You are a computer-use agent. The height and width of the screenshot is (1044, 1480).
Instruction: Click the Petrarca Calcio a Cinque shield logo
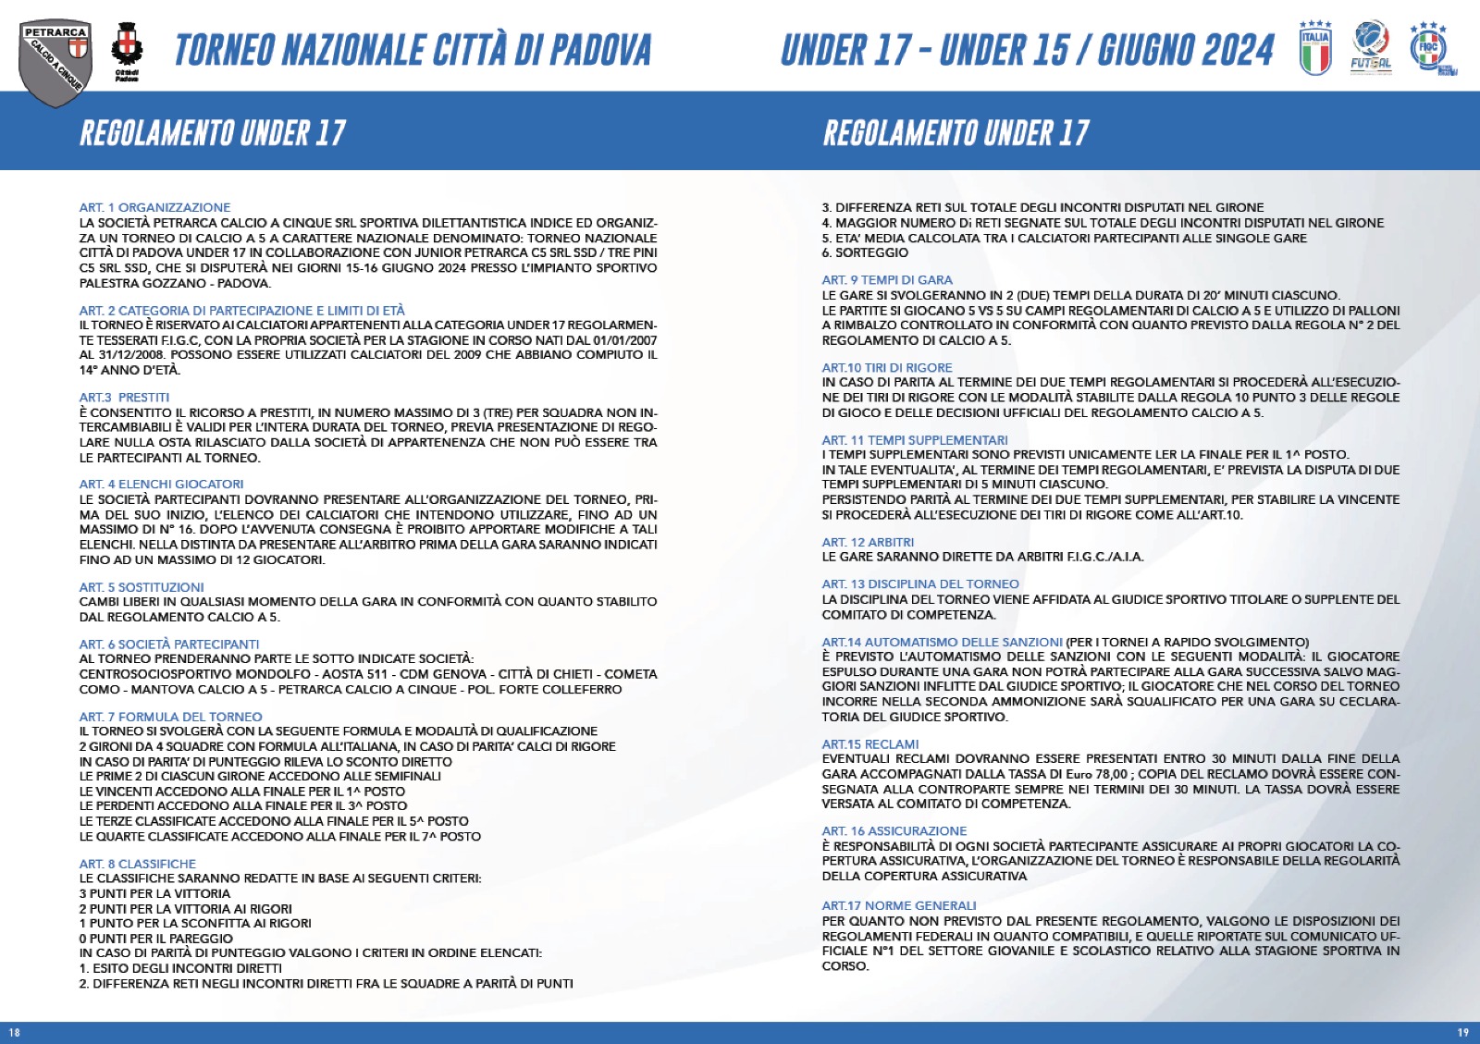coord(55,59)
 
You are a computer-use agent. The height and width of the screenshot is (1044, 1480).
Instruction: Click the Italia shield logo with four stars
coord(1314,48)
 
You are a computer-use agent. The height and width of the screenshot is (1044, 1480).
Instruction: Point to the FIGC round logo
coord(1430,48)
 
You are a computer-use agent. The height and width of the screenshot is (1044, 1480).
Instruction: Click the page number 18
coord(14,1033)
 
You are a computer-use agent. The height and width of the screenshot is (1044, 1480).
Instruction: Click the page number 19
coord(1462,1033)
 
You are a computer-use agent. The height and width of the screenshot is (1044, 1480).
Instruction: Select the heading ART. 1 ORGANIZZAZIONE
coord(154,207)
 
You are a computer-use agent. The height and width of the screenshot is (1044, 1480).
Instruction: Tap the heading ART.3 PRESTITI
coord(124,398)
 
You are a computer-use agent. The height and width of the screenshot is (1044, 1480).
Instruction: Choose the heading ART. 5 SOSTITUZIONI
coord(142,587)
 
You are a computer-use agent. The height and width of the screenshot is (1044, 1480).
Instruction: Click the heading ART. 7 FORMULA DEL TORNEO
coord(170,717)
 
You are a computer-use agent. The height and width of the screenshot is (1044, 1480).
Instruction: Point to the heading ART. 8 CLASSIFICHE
coord(138,864)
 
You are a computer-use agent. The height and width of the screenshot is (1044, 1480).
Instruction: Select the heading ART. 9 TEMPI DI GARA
coord(887,280)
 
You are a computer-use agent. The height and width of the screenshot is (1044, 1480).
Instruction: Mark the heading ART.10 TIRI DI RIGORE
coord(887,368)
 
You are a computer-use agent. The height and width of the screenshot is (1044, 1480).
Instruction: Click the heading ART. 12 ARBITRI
coord(868,543)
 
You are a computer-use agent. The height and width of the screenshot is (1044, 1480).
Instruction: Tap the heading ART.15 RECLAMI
coord(870,744)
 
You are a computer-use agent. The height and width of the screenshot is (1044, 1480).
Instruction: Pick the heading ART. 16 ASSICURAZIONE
coord(894,831)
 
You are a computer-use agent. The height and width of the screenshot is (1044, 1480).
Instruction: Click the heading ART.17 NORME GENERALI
coord(899,906)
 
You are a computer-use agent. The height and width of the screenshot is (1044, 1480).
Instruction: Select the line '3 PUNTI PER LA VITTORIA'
coord(154,894)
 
